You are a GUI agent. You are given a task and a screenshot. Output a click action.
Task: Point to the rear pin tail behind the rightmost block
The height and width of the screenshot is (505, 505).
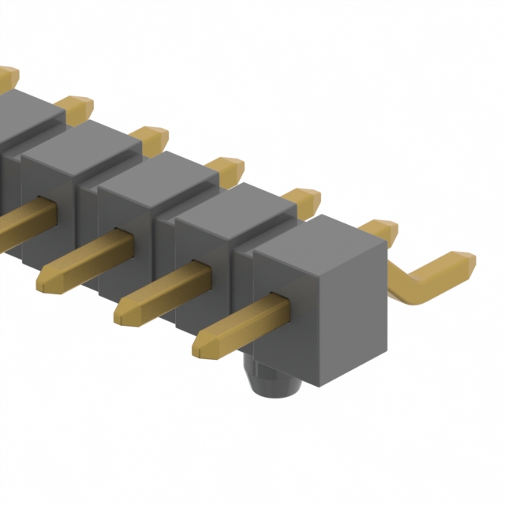click(379, 230)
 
